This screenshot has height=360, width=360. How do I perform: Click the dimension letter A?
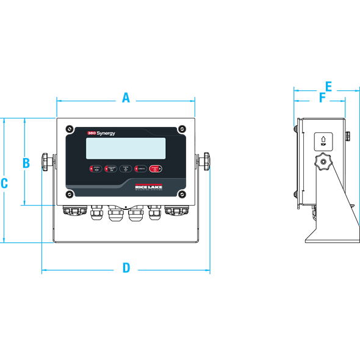click(x=126, y=97)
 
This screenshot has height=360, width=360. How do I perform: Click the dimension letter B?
click(x=26, y=162)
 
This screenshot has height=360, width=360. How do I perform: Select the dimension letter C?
click(x=4, y=182)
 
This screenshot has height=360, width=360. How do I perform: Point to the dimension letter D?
click(x=126, y=268)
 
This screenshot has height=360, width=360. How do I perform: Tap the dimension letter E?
click(x=328, y=86)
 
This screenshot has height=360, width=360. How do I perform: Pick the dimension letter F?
click(x=323, y=97)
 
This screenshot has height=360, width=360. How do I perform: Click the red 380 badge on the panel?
click(x=92, y=132)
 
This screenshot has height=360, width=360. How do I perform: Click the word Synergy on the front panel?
click(x=106, y=132)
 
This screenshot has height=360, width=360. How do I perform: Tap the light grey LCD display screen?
click(x=126, y=148)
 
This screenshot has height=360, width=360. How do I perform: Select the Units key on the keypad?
click(x=140, y=168)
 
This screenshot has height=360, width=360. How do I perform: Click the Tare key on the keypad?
click(x=126, y=168)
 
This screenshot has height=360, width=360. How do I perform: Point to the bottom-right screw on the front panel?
click(x=181, y=193)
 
